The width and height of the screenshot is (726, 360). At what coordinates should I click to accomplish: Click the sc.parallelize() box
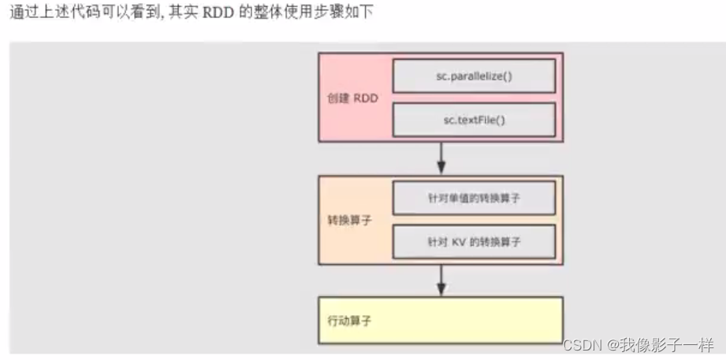[x=473, y=76]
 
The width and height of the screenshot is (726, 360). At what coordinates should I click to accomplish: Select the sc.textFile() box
[x=473, y=120]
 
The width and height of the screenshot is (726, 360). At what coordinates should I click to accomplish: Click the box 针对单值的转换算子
[x=473, y=198]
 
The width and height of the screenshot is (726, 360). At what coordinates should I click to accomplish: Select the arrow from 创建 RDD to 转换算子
[x=441, y=160]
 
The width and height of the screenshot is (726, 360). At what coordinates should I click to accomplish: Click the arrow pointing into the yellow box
[x=441, y=280]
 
